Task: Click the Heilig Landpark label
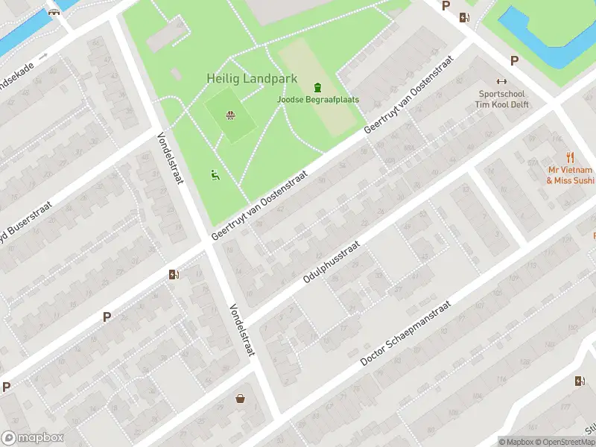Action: click(252, 78)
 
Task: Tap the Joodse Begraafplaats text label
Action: click(318, 99)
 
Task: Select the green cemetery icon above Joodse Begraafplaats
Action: click(318, 87)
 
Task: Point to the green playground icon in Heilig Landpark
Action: click(215, 175)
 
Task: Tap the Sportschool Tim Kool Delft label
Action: click(501, 100)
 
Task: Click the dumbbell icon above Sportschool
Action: click(501, 82)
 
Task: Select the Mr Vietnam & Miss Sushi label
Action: click(571, 175)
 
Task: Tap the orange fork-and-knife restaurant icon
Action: click(571, 156)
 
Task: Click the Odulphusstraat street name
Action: click(332, 261)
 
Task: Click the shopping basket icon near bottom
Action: click(241, 399)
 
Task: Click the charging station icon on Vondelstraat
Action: click(174, 274)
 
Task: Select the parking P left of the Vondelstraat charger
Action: click(107, 317)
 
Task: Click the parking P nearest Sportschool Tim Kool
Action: click(513, 60)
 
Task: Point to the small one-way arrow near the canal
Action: click(43, 57)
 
